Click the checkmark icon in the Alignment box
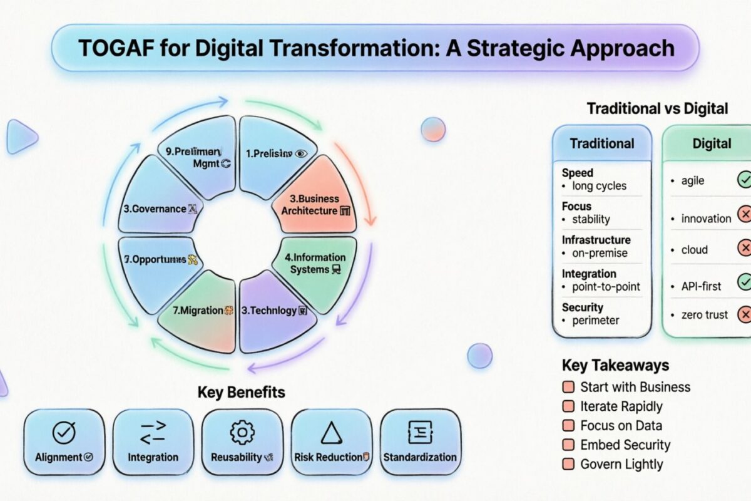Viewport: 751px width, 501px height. coord(63,432)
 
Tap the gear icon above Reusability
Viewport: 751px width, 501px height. coord(242,432)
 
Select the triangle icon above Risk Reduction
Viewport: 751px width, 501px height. coord(331,432)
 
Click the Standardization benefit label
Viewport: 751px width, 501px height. coord(420,457)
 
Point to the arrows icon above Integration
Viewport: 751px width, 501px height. coord(153,432)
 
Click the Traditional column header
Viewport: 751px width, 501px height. coord(601,143)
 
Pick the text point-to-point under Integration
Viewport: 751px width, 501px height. coord(606,287)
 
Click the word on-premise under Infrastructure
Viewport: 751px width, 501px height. coord(599,253)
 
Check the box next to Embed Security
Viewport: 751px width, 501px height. coord(568,445)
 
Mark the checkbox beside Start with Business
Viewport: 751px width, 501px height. coord(568,387)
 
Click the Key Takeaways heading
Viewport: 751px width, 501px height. coord(615,365)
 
